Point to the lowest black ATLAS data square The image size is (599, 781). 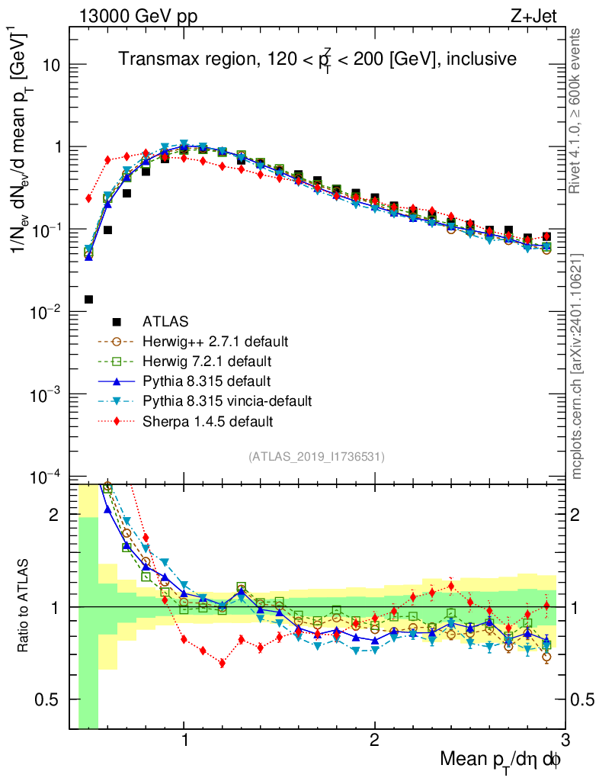[88, 299]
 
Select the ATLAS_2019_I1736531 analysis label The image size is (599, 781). [316, 457]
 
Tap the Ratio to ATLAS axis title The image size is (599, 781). [24, 606]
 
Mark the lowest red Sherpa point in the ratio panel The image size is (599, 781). [222, 663]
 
